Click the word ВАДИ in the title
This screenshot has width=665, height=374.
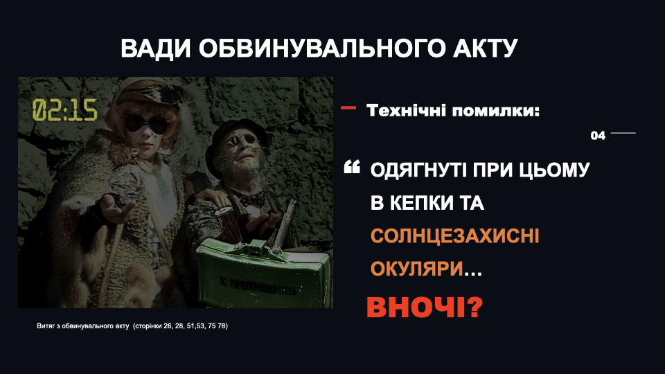pos(156,48)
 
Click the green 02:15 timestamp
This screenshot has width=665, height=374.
pos(65,110)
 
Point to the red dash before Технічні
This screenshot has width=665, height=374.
pos(348,108)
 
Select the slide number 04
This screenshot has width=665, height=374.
pos(598,136)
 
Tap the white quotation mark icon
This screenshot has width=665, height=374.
pos(352,167)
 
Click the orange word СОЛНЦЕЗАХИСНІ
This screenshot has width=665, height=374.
pos(454,236)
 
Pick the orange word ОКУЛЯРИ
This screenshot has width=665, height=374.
pos(417,269)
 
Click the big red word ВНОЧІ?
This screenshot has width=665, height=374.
pos(425,308)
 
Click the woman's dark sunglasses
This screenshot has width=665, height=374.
pos(146,123)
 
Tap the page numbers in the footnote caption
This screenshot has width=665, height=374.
pos(180,326)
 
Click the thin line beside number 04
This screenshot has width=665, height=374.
pos(623,133)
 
